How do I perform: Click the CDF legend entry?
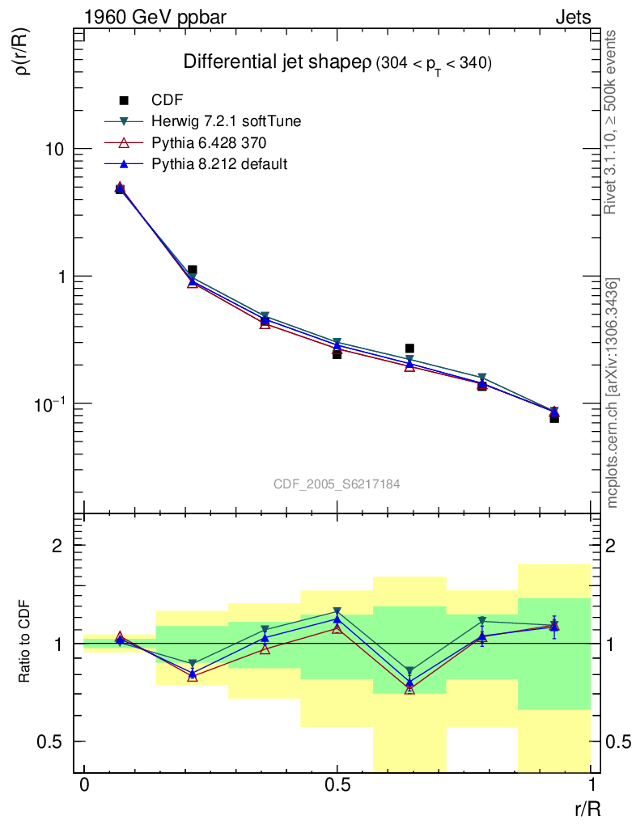[x=167, y=100]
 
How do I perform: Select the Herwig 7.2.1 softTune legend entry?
[x=226, y=121]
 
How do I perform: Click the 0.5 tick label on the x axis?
[x=337, y=787]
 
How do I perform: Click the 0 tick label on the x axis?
[x=84, y=787]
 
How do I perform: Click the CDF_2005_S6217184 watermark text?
[x=337, y=484]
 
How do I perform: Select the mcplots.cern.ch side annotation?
[x=613, y=393]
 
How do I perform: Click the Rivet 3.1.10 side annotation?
[x=613, y=121]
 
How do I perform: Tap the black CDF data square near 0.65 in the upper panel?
[x=409, y=349]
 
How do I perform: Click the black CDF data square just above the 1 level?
[x=192, y=270]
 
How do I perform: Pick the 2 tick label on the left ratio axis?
[x=57, y=545]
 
